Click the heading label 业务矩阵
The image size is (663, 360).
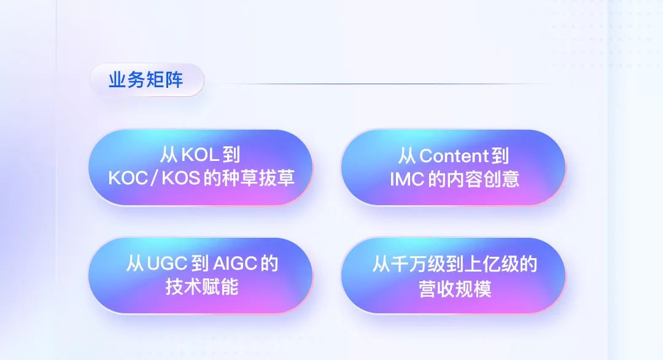146,80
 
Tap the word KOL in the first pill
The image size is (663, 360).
200,155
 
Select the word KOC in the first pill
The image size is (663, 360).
128,178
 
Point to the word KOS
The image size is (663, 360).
181,178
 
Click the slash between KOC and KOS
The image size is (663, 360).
155,179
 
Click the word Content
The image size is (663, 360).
454,156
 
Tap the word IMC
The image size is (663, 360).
407,179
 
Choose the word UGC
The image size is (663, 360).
167,264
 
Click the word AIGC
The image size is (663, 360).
235,264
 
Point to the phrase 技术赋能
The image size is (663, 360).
202,287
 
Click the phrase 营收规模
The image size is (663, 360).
455,289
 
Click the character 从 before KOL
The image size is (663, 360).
169,155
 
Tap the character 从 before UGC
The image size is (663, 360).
135,264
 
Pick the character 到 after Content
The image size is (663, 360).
500,156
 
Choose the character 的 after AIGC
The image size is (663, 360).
269,264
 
